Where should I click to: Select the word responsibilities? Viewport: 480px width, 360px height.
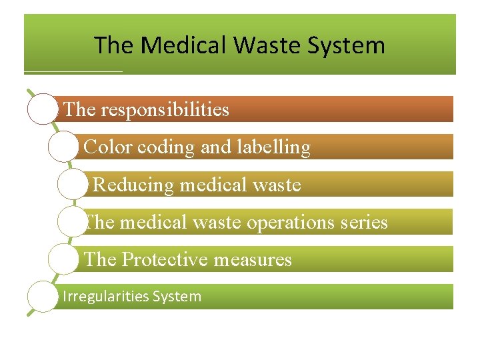[x=165, y=109]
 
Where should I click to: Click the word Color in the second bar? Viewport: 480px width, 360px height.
[x=109, y=147]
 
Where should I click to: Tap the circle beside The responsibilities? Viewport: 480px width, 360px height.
[x=43, y=109]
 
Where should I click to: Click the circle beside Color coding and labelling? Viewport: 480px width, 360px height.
[x=63, y=147]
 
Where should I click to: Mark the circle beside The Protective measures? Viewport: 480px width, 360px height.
[x=64, y=259]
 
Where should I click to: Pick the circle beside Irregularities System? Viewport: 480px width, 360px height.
[x=43, y=297]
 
